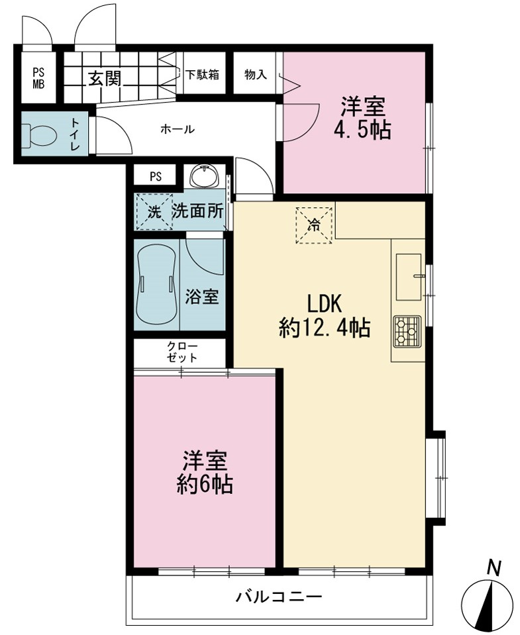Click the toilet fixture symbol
38,135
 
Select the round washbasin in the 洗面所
205,177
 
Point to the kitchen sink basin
408,277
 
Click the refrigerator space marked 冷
314,225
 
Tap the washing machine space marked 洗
154,212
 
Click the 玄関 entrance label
105,79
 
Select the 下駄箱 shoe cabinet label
203,75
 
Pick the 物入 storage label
256,75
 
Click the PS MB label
39,79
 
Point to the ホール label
178,130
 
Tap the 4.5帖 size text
362,131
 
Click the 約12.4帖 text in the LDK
325,328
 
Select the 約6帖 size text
205,483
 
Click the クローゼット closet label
182,352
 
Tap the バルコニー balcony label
280,597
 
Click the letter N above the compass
494,567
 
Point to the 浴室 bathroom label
202,297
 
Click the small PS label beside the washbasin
156,177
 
